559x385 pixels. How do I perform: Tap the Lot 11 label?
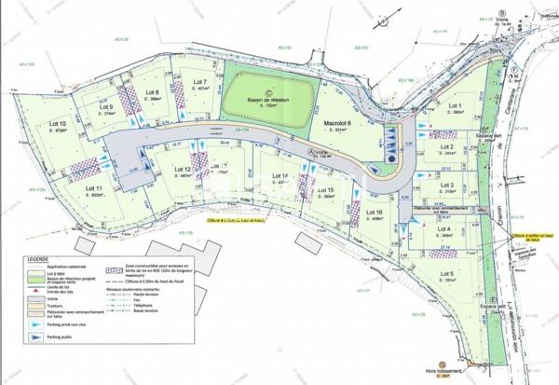[x=92, y=187]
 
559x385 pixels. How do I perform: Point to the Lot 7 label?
[x=199, y=82]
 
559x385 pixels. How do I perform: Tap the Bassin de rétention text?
[x=267, y=99]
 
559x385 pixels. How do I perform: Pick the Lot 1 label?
[x=455, y=107]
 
